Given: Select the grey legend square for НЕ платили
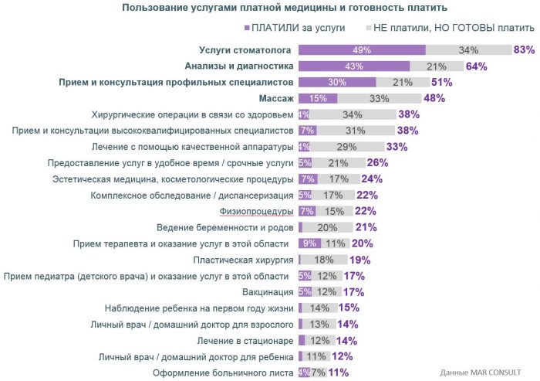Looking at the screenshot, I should coord(367,28).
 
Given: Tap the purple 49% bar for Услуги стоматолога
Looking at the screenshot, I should coord(362,50).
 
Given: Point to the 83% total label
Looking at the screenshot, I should coord(525,50).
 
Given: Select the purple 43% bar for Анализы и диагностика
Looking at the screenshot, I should coord(354,66).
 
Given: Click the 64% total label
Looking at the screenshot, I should coord(476,66).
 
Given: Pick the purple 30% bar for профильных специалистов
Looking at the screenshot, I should coord(337,83).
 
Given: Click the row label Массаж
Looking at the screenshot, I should coord(276,98).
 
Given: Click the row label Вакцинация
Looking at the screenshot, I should coord(268,292).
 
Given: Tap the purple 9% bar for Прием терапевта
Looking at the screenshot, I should coord(309,244).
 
